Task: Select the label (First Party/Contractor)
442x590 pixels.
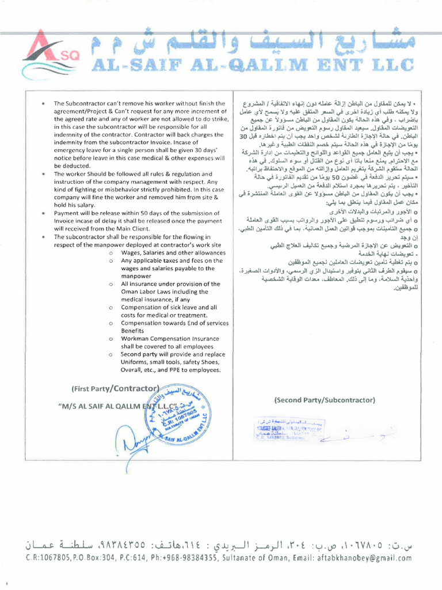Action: pos(115,388)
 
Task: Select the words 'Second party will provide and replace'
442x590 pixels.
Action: pos(173,354)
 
